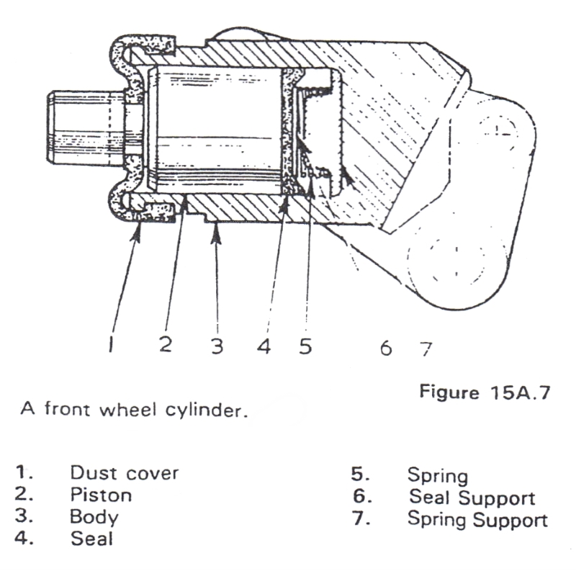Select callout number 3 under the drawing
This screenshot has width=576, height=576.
pos(217,346)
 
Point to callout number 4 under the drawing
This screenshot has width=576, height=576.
pos(264,346)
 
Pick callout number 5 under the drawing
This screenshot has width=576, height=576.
pos(306,346)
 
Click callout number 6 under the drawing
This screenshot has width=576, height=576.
pos(385,348)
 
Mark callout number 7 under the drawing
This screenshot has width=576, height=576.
pos(426,348)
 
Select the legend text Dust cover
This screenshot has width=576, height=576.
pos(124,474)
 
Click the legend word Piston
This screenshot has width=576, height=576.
pos(101,495)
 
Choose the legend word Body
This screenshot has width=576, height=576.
pos(94,517)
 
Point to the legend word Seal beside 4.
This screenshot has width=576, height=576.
pos(91,539)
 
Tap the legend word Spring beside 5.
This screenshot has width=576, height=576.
pos(437,475)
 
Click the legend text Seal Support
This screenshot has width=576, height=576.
pos(472,498)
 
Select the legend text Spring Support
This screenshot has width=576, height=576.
pos(477,519)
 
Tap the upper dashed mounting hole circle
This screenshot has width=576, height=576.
pos(497,127)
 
